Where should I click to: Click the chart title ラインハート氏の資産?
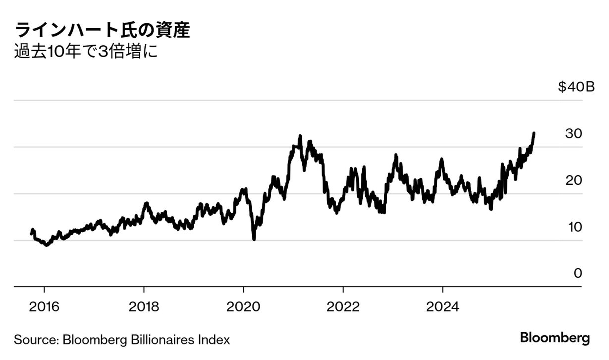click(103, 31)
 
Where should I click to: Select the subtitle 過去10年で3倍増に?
click(86, 52)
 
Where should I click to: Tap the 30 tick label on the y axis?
click(574, 134)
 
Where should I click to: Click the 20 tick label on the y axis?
click(574, 180)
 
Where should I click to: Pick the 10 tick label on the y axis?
click(574, 227)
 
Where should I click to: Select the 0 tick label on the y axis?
click(577, 274)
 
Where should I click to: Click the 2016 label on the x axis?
click(44, 306)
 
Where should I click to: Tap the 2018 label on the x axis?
click(144, 306)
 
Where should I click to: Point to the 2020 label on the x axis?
click(243, 306)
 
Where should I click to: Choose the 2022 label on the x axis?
click(343, 306)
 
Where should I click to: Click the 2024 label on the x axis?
click(443, 306)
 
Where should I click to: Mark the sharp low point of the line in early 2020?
click(254, 239)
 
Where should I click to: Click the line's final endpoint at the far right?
click(534, 133)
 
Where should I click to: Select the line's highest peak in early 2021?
click(300, 136)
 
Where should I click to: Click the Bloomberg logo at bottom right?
click(555, 339)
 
